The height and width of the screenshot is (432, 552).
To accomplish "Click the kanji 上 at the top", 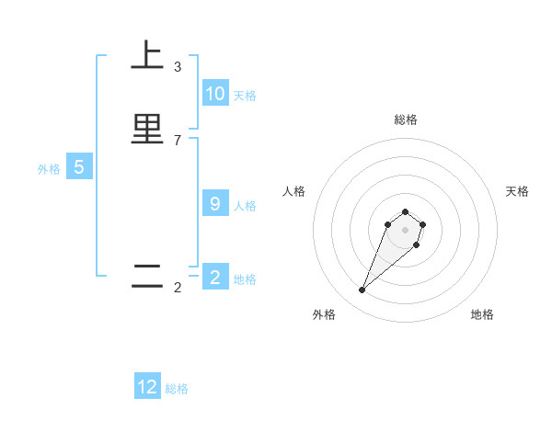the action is (x=147, y=57).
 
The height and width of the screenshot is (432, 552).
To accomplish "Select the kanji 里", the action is (x=147, y=129).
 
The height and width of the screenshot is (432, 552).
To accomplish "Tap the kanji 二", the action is (x=147, y=277).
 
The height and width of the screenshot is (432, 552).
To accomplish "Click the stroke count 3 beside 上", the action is (x=178, y=67).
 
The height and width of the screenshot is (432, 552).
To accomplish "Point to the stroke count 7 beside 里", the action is (x=178, y=140).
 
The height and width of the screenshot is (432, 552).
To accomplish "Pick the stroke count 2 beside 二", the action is (x=178, y=288).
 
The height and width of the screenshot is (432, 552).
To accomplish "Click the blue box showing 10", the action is (x=215, y=94).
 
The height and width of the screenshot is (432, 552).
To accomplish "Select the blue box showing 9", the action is (x=215, y=204).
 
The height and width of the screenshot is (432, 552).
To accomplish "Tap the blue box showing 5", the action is (x=79, y=167).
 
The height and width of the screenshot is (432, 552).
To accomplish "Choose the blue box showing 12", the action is (x=147, y=387).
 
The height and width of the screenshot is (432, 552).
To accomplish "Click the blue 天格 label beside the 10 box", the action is (x=245, y=96).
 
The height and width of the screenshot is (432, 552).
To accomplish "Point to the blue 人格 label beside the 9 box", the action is (x=245, y=206).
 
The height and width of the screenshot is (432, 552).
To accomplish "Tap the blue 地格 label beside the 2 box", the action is (x=245, y=279).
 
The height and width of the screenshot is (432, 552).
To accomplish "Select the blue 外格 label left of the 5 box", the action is (x=49, y=169).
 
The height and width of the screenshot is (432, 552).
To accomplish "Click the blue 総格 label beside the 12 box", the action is (x=177, y=389).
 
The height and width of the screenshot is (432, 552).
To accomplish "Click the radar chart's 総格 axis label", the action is (x=406, y=119).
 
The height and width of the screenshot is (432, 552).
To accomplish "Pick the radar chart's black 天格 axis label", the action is (x=517, y=191).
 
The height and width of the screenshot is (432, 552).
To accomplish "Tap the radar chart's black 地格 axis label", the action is (x=482, y=314).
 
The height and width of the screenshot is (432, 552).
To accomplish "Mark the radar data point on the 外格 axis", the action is (x=362, y=290).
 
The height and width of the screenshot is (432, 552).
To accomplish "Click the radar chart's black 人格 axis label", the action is (x=294, y=191).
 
